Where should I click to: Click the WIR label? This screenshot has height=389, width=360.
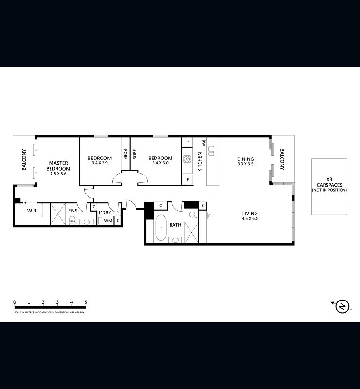[x=32, y=211]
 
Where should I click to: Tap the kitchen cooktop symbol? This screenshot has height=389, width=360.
[x=187, y=159]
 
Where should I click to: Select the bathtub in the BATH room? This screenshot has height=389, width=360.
[x=160, y=227]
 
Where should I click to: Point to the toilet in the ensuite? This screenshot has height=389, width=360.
[x=72, y=221]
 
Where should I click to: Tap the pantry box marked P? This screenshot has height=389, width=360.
[x=187, y=142]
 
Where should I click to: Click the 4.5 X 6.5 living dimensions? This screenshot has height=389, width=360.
[x=251, y=219]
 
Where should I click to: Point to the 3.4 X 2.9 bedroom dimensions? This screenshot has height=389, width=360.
[x=100, y=163]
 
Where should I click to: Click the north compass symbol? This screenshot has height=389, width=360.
[x=343, y=306]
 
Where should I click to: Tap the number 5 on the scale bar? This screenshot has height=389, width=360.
[x=86, y=302]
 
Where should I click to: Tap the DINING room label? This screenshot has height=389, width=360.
[x=245, y=159]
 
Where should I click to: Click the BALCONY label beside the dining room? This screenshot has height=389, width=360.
[x=282, y=159]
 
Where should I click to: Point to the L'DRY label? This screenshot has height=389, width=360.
[x=105, y=213]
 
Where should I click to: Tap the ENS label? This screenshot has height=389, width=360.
[x=73, y=211]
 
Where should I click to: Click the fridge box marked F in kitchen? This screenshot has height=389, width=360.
[x=187, y=180]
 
